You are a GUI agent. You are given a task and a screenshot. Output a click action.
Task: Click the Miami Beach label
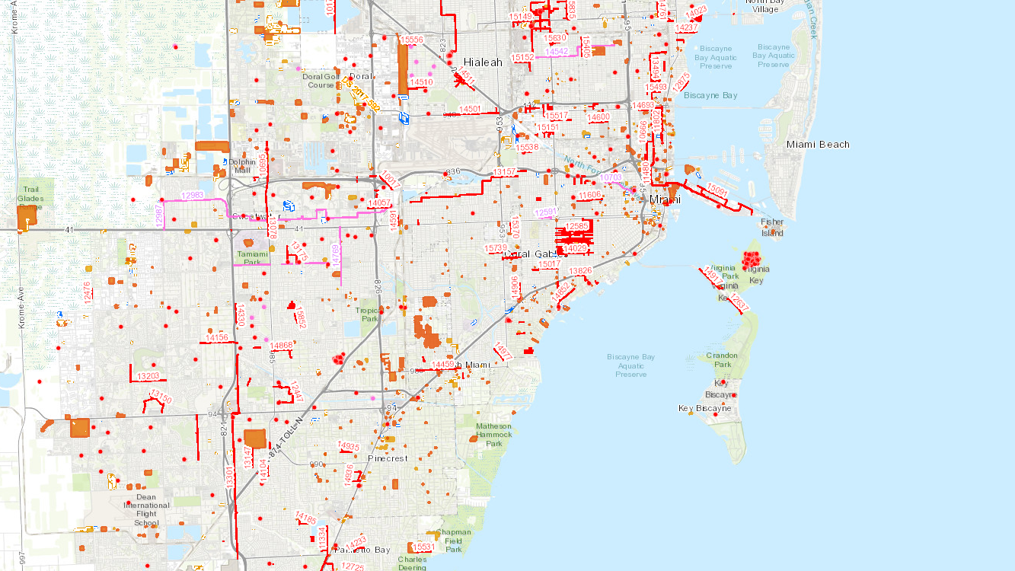coord(818,145)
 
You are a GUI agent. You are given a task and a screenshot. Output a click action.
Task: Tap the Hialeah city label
coord(484,62)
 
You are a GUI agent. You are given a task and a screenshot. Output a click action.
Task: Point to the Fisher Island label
coord(772,228)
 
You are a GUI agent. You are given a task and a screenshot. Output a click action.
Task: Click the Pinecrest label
coord(388,458)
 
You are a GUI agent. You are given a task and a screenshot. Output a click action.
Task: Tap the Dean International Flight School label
coord(147,510)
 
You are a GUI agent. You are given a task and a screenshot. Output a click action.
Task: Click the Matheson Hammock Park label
coord(493,435)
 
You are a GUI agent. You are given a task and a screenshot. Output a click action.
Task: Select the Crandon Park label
coord(721,360)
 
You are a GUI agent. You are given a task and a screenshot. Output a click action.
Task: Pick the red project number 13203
coord(148,376)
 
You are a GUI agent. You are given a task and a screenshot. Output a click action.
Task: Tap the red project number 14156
coord(217,337)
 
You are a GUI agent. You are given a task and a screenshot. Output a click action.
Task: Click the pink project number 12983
coord(193,196)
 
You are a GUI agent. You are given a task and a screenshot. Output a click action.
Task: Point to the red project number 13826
coord(580,271)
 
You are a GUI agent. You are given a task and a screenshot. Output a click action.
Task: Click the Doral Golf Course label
coord(321,81)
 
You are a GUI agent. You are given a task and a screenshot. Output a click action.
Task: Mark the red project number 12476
coord(88,293)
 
